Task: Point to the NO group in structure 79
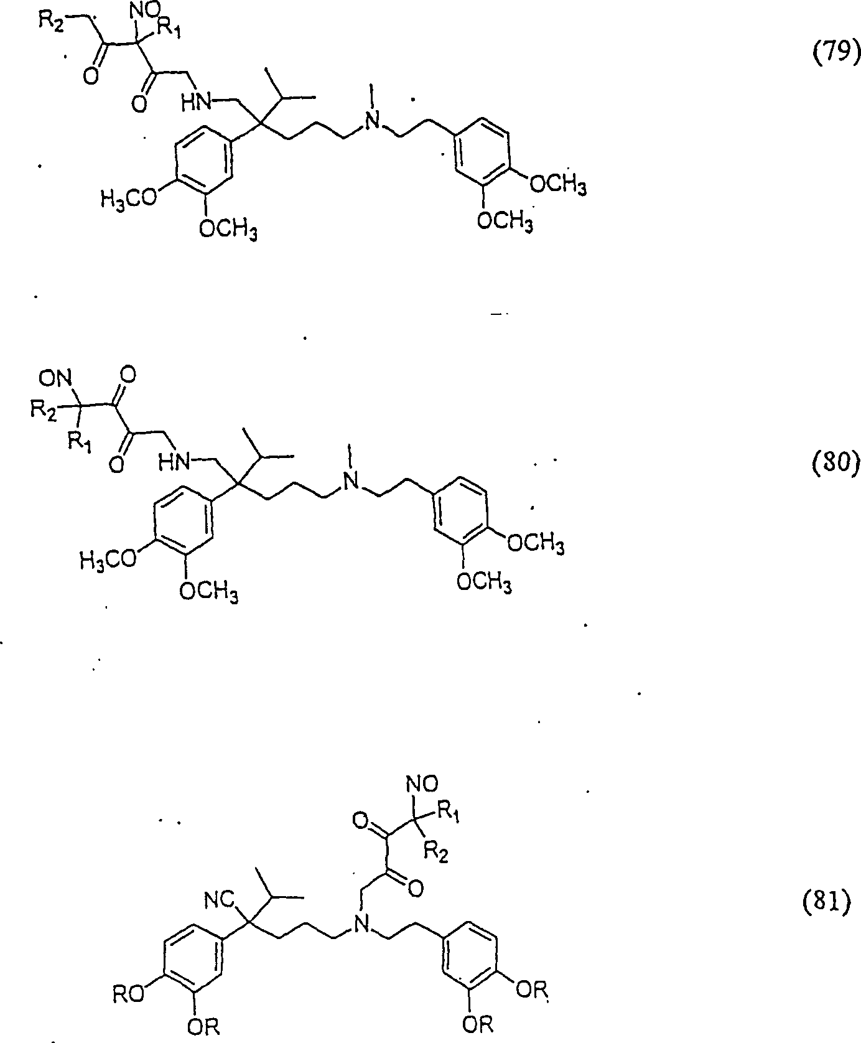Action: click(144, 14)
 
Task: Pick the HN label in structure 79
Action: click(196, 102)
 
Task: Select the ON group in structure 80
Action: click(55, 378)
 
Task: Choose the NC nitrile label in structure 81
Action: click(218, 899)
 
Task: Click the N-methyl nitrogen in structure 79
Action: click(372, 122)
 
